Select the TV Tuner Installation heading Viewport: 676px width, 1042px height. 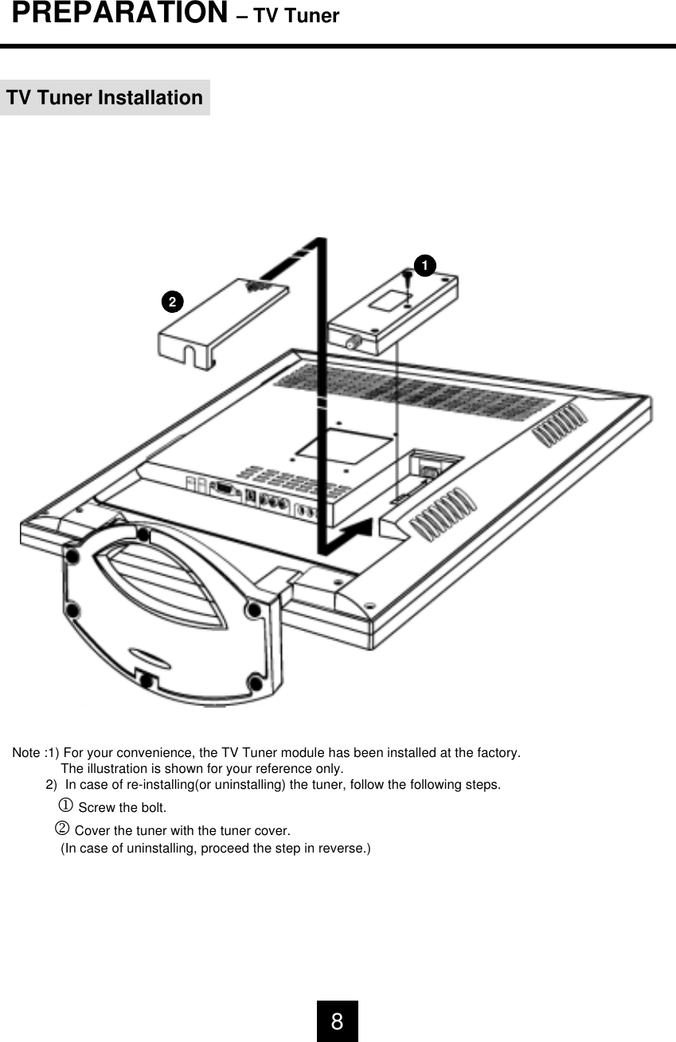point(104,98)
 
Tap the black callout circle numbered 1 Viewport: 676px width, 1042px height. point(424,264)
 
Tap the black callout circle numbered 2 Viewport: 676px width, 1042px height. point(172,302)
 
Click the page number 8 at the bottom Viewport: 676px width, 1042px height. point(338,1021)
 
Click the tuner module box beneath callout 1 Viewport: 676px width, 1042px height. point(390,310)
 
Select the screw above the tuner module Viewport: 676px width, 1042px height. point(408,279)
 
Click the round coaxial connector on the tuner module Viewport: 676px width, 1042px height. point(351,342)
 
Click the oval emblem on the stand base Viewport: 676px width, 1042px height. point(151,657)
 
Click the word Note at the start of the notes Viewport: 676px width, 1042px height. point(27,753)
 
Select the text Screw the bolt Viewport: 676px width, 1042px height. point(122,809)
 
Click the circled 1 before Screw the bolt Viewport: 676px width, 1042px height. point(67,807)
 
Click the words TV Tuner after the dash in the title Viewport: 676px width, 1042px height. point(296,16)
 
